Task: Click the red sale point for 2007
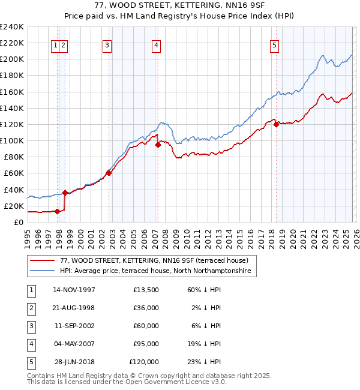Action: (158, 145)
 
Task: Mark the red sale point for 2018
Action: (277, 124)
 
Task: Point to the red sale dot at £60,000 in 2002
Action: (109, 173)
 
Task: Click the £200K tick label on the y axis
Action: (12, 59)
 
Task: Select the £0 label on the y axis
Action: (18, 222)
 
